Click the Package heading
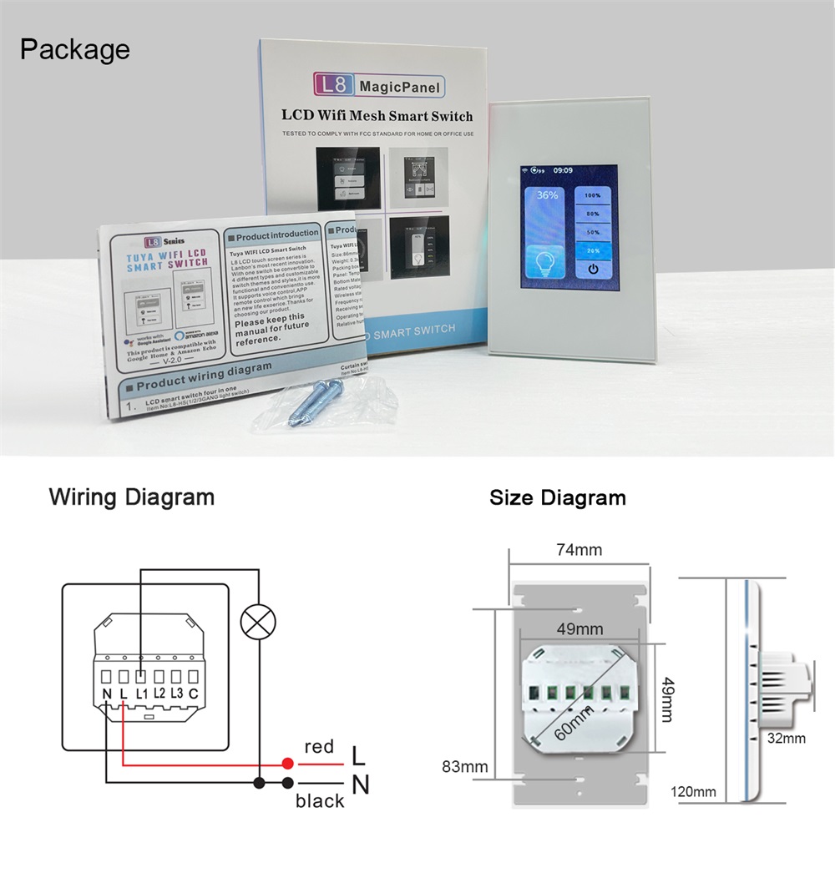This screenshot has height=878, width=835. (x=75, y=49)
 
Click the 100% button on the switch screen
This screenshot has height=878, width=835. (x=593, y=195)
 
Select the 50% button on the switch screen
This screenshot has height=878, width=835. (x=593, y=232)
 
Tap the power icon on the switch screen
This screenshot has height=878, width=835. (x=593, y=269)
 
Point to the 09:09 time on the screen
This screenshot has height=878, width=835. (x=563, y=170)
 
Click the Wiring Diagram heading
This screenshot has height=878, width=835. (x=131, y=497)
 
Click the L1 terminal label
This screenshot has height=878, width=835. (x=141, y=693)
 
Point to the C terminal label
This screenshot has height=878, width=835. (x=193, y=693)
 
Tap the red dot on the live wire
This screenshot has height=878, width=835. (x=287, y=763)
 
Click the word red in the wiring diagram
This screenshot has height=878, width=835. (x=319, y=747)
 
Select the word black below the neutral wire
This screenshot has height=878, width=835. (x=319, y=801)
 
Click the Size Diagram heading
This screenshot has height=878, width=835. (x=557, y=498)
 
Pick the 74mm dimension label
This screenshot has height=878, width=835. (x=579, y=550)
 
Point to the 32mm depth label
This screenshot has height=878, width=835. (x=787, y=738)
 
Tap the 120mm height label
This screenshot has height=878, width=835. (x=693, y=791)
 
